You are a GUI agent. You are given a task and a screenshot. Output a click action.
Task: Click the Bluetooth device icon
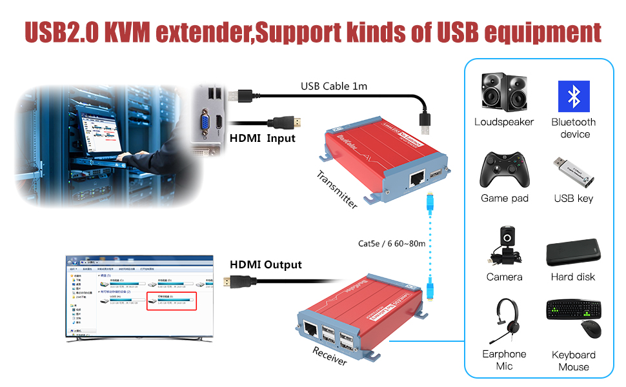(x=574, y=97)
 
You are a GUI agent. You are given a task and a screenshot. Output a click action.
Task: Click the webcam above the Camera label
(x=507, y=246)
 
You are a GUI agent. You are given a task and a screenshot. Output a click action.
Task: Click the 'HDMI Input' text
(x=262, y=138)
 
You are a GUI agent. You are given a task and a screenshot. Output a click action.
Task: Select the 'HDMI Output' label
(x=266, y=264)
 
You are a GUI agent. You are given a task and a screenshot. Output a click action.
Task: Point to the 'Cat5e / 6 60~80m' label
(x=392, y=244)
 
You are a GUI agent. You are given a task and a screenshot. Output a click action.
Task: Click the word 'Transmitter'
(x=337, y=189)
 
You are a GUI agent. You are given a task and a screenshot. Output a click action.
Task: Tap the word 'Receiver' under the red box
(x=329, y=356)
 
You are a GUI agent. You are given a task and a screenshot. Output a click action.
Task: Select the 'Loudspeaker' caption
(x=504, y=122)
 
